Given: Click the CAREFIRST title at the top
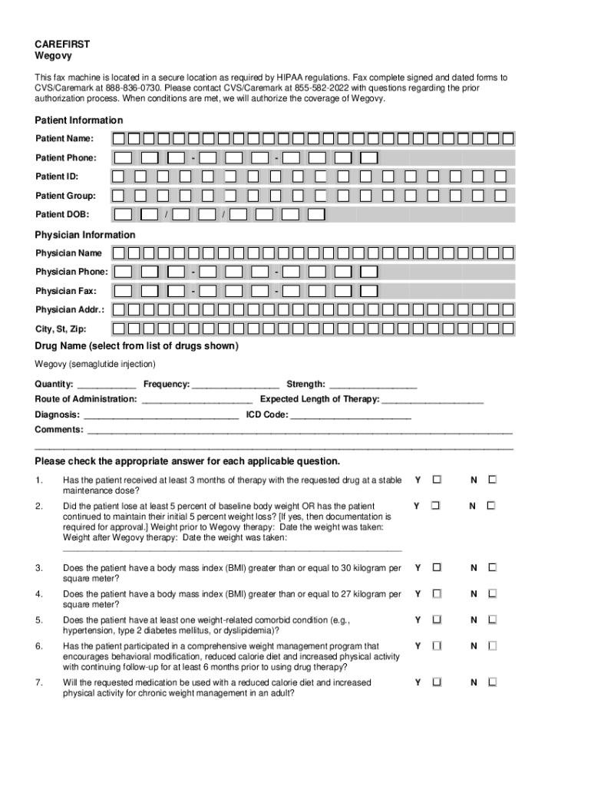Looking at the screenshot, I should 63,44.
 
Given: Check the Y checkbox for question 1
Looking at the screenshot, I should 437,480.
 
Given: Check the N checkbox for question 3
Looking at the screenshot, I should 493,568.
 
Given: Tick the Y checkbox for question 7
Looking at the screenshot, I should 437,682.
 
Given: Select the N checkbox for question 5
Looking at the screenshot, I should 493,619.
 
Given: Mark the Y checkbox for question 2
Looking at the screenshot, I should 435,506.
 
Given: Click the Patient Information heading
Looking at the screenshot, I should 78,121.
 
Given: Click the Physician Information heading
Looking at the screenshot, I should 84,235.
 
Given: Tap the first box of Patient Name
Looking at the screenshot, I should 119,139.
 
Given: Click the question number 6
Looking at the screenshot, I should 38,646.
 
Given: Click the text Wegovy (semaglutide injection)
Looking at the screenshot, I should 95,364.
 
